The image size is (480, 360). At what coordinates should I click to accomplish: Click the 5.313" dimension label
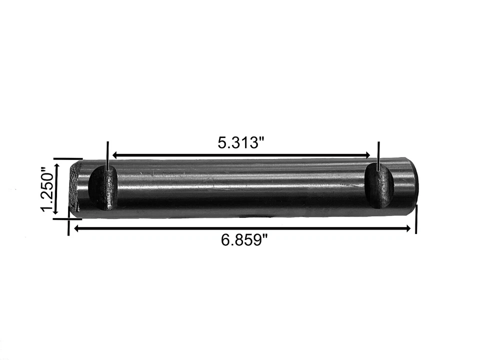pos(241,142)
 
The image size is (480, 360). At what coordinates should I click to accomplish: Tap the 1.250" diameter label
pos(47,189)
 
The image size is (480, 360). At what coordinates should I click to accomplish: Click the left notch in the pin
pos(103,188)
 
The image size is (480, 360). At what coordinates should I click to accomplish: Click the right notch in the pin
pos(380,185)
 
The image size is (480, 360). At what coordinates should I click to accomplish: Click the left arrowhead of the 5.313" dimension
pos(115,155)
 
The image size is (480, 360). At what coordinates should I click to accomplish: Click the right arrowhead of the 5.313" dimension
pos(367,155)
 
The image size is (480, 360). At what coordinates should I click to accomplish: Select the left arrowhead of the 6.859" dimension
pos(77,228)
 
